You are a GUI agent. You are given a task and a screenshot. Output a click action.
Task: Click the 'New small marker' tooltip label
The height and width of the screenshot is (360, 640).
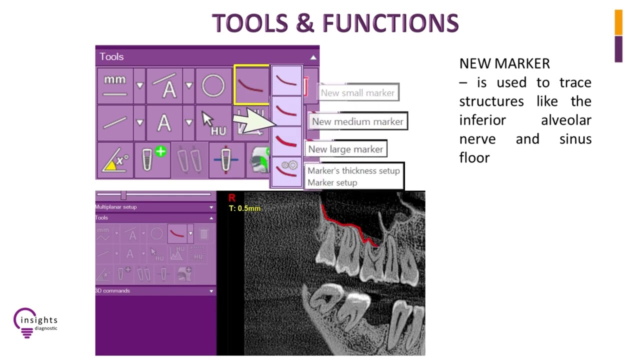pos(357,93)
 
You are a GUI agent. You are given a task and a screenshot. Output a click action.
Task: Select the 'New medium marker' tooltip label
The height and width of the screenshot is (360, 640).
pos(357,121)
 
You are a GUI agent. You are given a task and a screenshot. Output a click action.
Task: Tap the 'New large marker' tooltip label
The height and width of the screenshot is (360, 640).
pos(345,149)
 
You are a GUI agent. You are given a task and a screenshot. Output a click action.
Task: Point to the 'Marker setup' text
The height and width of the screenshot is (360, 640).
pos(332,182)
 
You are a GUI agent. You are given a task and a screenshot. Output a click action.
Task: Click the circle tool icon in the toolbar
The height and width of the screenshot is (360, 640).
pos(213,86)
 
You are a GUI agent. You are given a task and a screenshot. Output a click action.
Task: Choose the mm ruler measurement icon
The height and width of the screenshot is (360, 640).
pos(115,85)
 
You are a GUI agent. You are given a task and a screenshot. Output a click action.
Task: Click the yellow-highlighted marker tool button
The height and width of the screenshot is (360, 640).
pos(251,85)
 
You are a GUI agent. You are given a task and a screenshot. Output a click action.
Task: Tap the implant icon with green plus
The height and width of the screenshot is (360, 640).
pos(152,160)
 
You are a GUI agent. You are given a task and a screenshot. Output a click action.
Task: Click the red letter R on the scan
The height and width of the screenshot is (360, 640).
pos(231,198)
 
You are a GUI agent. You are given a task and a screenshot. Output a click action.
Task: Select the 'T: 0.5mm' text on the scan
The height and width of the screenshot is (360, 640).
pos(244,208)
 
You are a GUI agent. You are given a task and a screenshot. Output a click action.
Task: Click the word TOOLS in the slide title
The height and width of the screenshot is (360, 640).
pos(249,23)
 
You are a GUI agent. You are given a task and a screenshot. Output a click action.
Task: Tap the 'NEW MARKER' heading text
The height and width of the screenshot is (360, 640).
pos(504,63)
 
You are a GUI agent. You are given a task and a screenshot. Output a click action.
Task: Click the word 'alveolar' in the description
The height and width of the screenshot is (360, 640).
pos(566,120)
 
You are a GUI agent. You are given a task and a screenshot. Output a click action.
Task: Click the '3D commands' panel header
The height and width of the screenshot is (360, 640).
pos(113,290)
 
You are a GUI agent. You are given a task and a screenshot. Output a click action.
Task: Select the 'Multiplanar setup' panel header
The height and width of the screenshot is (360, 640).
pos(116,207)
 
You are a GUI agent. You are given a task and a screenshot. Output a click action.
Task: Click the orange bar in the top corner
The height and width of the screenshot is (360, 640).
pos(618,22)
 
